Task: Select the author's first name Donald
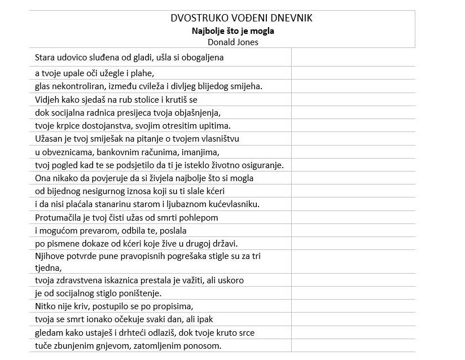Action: click(x=221, y=42)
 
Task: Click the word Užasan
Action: click(x=49, y=139)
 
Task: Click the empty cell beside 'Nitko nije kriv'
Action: click(x=353, y=306)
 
